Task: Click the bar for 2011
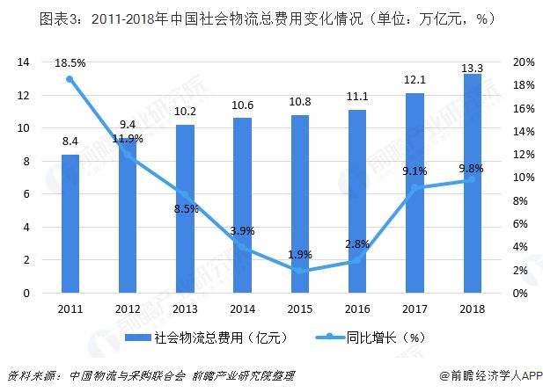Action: click(x=70, y=223)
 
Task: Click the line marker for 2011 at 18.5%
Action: click(x=70, y=79)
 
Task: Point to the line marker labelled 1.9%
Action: click(x=299, y=271)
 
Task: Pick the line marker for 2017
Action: click(x=415, y=187)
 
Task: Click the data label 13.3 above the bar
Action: click(x=472, y=63)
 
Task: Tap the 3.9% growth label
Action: click(x=243, y=231)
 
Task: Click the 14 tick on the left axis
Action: click(x=24, y=62)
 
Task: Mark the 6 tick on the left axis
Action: click(x=27, y=194)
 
